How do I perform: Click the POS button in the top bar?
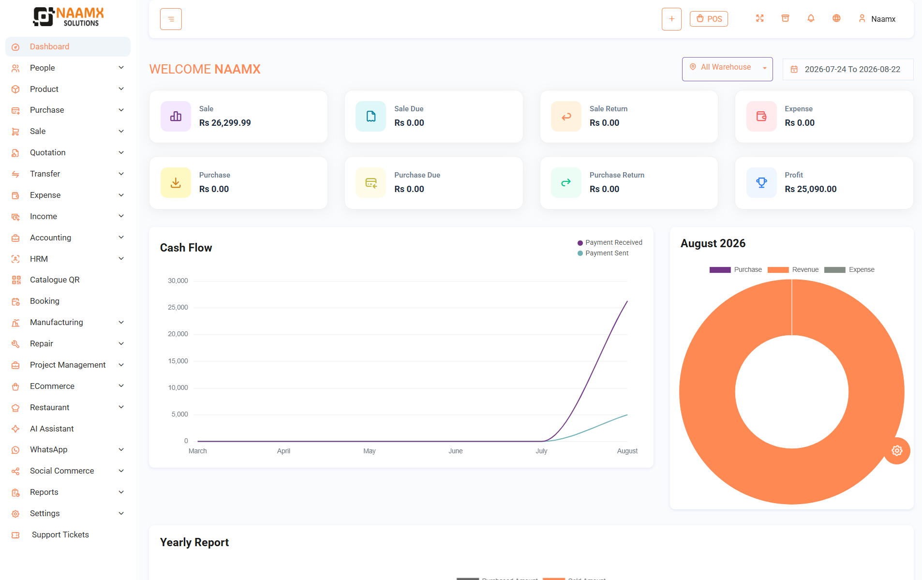(x=709, y=19)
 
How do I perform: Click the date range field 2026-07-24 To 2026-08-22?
(x=848, y=69)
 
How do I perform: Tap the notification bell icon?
(x=811, y=18)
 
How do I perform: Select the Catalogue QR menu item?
(x=55, y=280)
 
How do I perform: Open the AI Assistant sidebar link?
(x=52, y=429)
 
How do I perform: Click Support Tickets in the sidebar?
(x=60, y=535)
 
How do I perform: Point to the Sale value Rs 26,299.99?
(x=225, y=123)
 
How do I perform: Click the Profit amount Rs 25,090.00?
(x=810, y=189)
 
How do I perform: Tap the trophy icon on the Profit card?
(x=761, y=182)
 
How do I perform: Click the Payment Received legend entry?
(x=610, y=242)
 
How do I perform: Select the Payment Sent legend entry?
(x=603, y=253)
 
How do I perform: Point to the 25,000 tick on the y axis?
(x=178, y=307)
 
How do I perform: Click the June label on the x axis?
(x=456, y=451)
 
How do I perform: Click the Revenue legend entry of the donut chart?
(x=793, y=269)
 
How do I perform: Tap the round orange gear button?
(x=897, y=451)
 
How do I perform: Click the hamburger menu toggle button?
(x=171, y=19)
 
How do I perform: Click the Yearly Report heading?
(x=194, y=542)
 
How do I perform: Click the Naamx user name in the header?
(x=883, y=19)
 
